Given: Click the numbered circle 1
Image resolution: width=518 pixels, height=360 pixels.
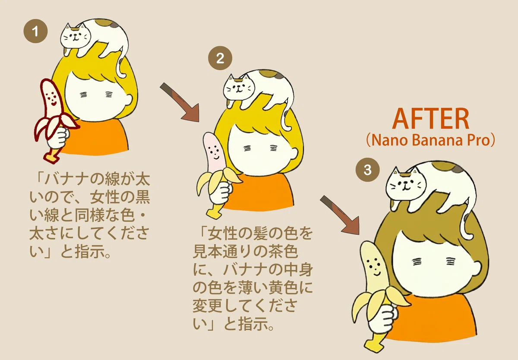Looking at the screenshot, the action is coord(35,31).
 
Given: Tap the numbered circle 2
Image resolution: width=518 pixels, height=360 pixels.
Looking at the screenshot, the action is coord(220,58).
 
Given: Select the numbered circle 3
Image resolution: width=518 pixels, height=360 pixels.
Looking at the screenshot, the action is coord(367,170).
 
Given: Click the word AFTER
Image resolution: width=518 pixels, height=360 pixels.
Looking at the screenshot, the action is coord(431,119).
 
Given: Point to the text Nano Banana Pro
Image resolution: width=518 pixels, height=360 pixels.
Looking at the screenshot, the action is coord(431,140).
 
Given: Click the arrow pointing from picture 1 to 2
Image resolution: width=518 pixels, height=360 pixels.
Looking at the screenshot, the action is coord(180,102).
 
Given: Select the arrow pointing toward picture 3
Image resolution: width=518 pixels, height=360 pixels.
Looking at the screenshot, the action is coord(340,215).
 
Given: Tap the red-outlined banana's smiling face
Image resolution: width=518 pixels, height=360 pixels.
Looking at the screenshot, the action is coord(52,99).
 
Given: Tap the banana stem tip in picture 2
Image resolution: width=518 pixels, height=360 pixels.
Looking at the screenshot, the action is coord(213,215).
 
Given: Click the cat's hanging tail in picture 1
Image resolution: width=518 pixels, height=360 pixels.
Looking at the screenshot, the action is coord(121,63).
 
